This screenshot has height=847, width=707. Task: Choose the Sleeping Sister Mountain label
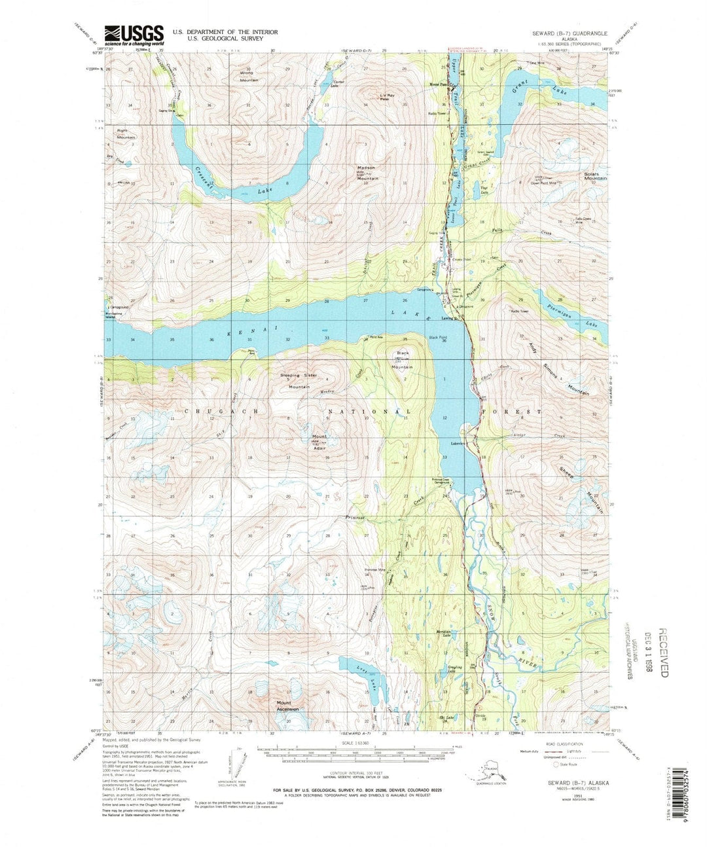point(299,380)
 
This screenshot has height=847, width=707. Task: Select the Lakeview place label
point(456,444)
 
